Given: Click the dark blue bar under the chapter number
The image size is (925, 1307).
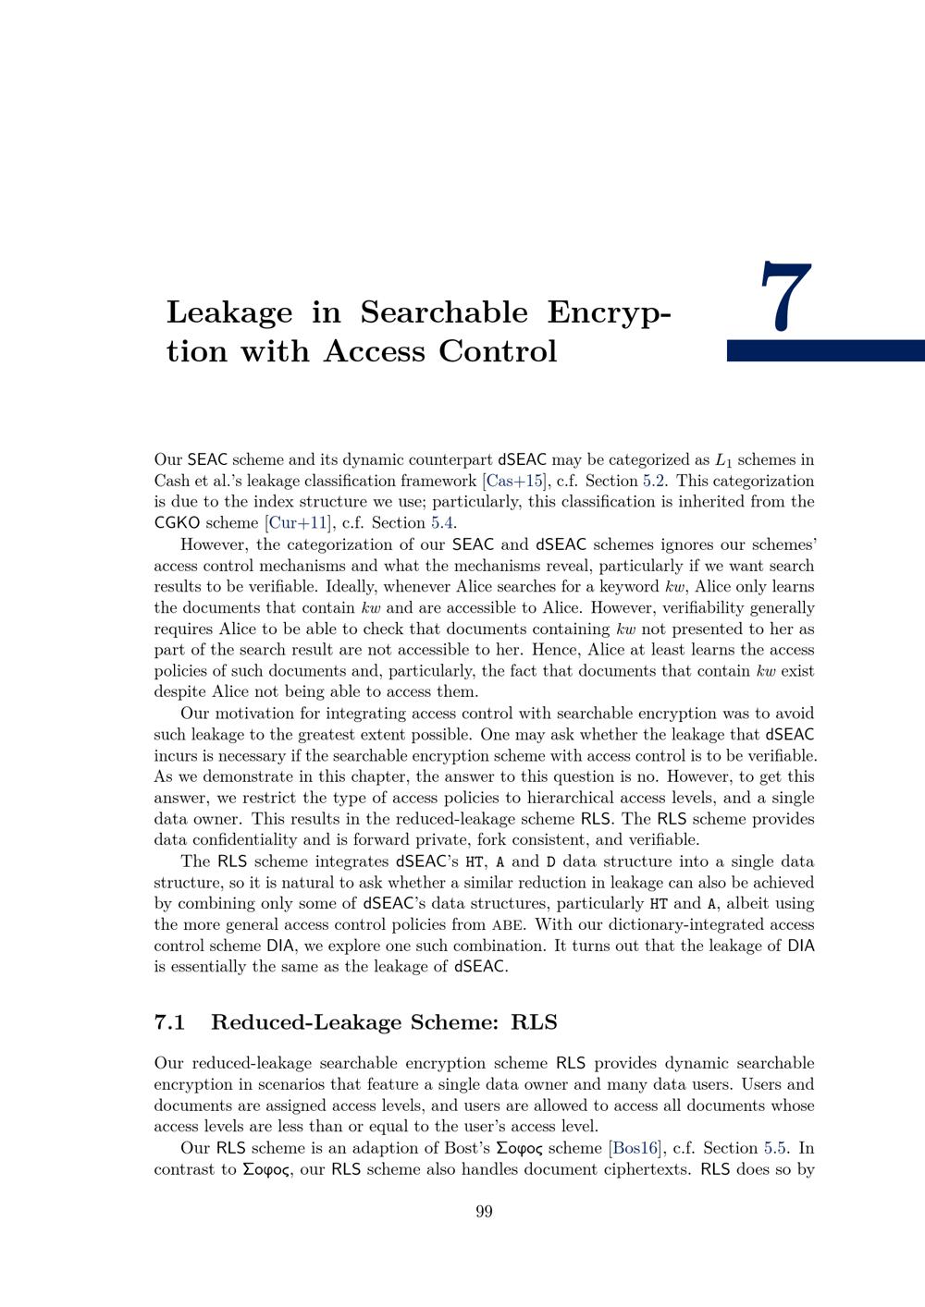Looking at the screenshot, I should pos(825,350).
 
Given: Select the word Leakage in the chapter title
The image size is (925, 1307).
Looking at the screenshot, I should pos(228,312).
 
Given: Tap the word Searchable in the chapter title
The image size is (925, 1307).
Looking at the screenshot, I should pos(443,312).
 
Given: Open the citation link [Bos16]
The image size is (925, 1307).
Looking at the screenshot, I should pos(635,1148).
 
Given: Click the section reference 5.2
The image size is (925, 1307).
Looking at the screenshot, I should pos(655,481).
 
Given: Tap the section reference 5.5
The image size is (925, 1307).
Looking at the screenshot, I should pos(775,1148).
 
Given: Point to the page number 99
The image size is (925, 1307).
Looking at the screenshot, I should pos(484,1212).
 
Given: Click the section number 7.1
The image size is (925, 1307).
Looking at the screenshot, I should pos(170,1021).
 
